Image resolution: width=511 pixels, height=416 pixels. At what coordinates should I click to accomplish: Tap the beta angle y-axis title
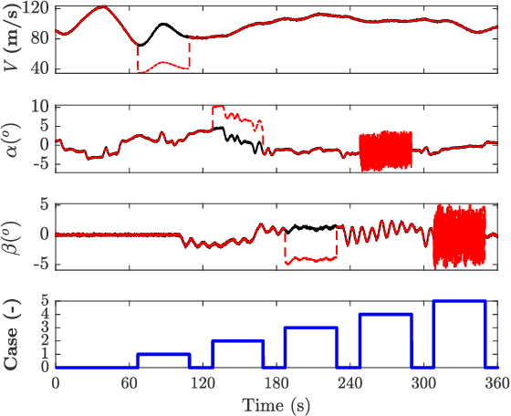tap(13, 234)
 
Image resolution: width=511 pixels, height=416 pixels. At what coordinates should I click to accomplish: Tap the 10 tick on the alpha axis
tap(40, 106)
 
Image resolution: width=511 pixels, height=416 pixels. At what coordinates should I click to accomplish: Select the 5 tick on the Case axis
tap(46, 301)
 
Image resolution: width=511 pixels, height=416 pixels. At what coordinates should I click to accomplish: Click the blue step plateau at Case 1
tap(163, 354)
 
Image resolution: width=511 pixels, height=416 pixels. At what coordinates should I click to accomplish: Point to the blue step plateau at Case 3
tap(310, 328)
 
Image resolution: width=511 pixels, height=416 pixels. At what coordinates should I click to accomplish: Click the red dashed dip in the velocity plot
tap(163, 65)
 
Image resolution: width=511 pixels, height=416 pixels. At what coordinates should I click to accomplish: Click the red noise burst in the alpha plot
tap(385, 151)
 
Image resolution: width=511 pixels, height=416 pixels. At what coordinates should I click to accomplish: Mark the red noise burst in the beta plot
tap(459, 235)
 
